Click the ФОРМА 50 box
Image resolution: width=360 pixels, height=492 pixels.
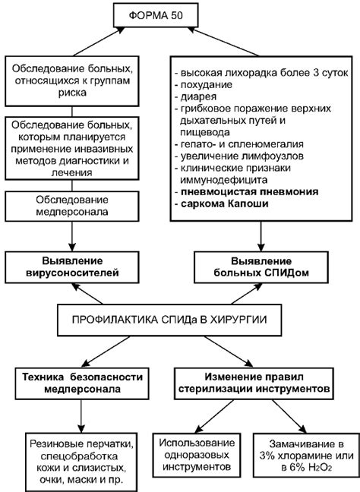156,15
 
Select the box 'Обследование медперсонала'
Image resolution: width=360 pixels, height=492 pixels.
72,206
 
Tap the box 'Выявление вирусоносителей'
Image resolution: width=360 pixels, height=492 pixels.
72,266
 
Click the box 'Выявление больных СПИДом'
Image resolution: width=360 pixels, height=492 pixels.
261,266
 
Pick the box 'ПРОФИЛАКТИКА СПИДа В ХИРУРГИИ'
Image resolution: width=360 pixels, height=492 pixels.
169,320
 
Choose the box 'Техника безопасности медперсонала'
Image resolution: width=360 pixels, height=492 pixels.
82,383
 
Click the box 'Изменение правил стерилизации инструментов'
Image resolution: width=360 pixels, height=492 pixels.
254,383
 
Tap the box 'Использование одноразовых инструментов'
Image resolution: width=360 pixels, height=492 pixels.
197,455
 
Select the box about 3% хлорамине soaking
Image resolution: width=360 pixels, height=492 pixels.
306,456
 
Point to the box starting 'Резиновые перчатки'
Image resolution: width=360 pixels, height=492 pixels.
81,462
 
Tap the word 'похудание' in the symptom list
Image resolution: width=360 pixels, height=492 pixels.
207,85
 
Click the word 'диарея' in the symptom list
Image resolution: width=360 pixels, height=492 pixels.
198,96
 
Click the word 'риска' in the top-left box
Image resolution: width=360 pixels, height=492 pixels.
72,93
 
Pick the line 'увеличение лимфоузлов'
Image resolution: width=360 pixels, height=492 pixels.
242,156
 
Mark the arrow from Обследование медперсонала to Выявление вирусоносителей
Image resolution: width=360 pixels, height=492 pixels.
72,236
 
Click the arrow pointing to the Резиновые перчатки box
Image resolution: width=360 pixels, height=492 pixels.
81,416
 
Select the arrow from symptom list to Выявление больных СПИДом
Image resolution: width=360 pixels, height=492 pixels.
261,236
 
